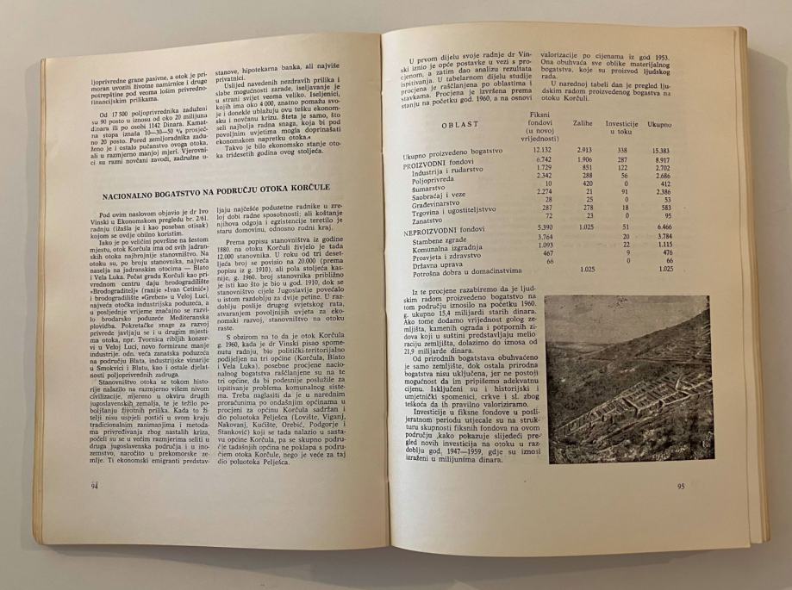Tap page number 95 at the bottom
(x=681, y=485)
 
